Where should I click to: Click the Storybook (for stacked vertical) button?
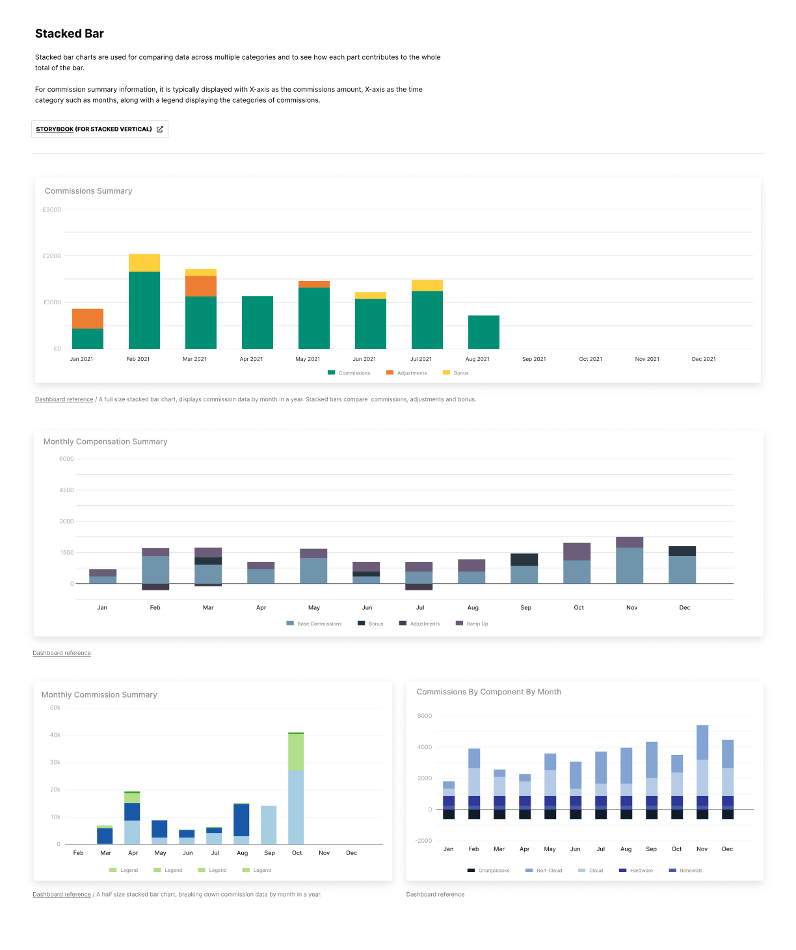pyautogui.click(x=99, y=129)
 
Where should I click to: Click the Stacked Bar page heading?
pyautogui.click(x=70, y=34)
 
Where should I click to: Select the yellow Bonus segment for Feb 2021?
pyautogui.click(x=144, y=263)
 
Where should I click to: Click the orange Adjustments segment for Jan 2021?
pyautogui.click(x=88, y=319)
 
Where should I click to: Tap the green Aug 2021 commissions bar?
pyautogui.click(x=483, y=332)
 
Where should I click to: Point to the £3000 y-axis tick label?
pyautogui.click(x=52, y=210)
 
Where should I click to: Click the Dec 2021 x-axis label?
pyautogui.click(x=703, y=359)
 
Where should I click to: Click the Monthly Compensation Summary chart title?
pyautogui.click(x=105, y=442)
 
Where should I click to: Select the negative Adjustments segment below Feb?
pyautogui.click(x=155, y=587)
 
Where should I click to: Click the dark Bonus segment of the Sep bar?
pyautogui.click(x=524, y=560)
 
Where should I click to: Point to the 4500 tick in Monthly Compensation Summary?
pyautogui.click(x=66, y=490)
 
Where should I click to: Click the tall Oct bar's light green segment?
pyautogui.click(x=296, y=752)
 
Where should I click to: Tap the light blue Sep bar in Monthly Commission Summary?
pyautogui.click(x=269, y=825)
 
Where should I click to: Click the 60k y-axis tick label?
pyautogui.click(x=55, y=708)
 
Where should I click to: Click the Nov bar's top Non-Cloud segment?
pyautogui.click(x=702, y=743)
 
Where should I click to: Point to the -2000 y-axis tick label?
pyautogui.click(x=424, y=841)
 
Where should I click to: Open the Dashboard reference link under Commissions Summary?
pyautogui.click(x=64, y=400)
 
